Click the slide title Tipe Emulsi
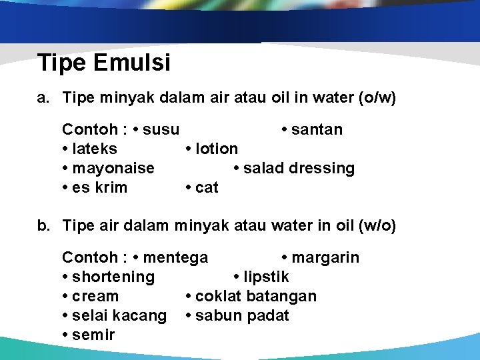(x=104, y=63)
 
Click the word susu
(x=161, y=129)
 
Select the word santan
(x=317, y=129)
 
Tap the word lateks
(x=94, y=149)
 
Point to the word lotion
(x=217, y=149)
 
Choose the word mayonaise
(x=113, y=168)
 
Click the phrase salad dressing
(x=299, y=168)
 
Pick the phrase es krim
(x=99, y=187)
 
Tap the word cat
(x=207, y=187)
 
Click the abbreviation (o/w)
(x=377, y=98)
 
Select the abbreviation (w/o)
(x=377, y=226)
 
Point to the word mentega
(x=175, y=257)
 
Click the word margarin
(x=325, y=257)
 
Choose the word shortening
(x=113, y=277)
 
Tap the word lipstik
(x=267, y=277)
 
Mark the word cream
(x=95, y=296)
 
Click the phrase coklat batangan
(x=255, y=296)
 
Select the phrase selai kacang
(x=119, y=315)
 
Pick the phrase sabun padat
(x=242, y=315)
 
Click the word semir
(x=93, y=335)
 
